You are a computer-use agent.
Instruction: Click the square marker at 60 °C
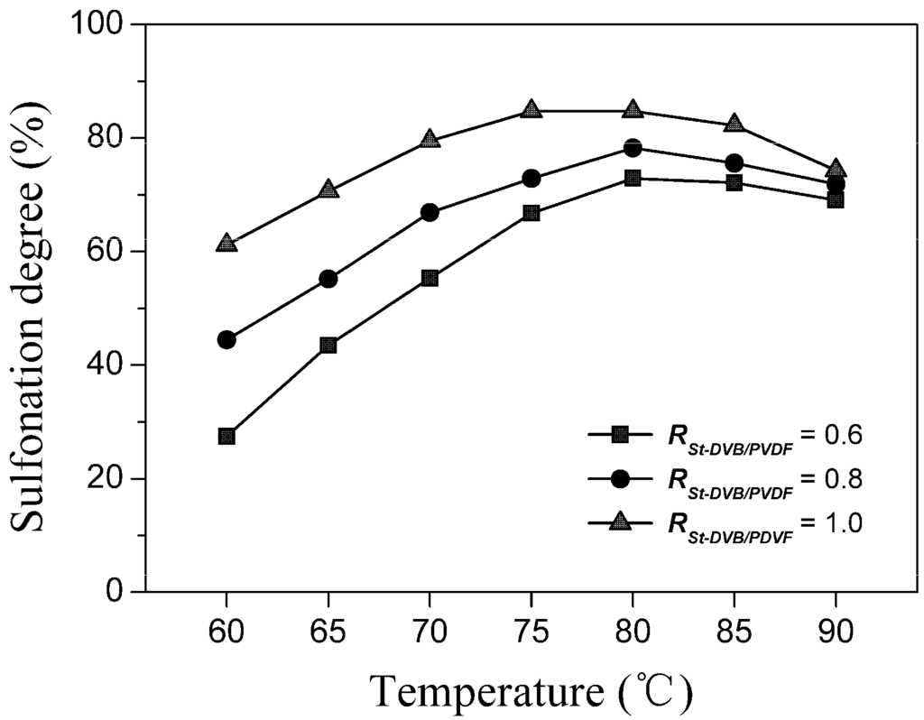pyautogui.click(x=226, y=436)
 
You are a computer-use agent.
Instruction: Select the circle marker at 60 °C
pyautogui.click(x=226, y=340)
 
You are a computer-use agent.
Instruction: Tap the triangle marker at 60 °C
pyautogui.click(x=226, y=244)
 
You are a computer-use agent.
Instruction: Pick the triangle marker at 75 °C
pyautogui.click(x=531, y=110)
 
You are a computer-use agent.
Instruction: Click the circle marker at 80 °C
pyautogui.click(x=633, y=148)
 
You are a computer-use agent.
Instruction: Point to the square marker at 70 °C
pyautogui.click(x=430, y=278)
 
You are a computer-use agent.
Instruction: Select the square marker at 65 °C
pyautogui.click(x=328, y=345)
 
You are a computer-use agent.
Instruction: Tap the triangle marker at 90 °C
pyautogui.click(x=836, y=170)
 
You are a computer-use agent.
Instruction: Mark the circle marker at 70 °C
pyautogui.click(x=430, y=212)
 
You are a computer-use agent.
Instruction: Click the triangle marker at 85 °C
pyautogui.click(x=735, y=124)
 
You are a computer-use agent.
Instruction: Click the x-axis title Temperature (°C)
pyautogui.click(x=531, y=691)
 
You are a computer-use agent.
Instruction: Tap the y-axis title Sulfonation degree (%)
pyautogui.click(x=32, y=307)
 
